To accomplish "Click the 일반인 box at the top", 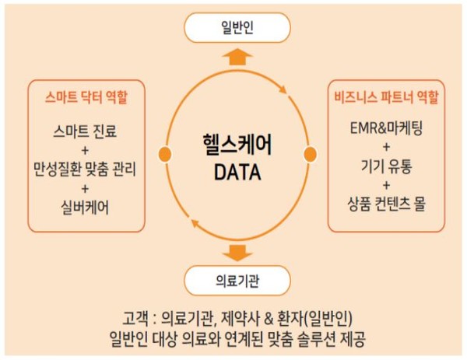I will tap(237, 28).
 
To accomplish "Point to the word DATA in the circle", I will tap(236, 169).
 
